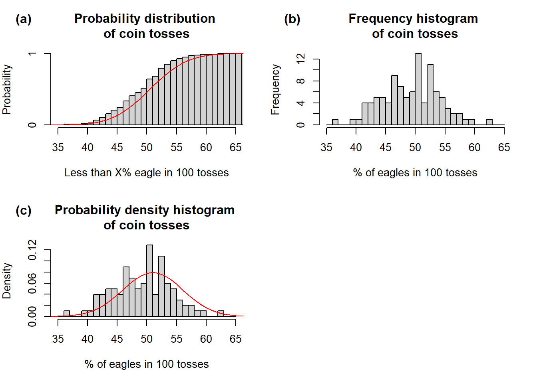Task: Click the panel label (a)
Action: point(23,19)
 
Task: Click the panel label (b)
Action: point(292,19)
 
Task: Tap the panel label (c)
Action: point(23,211)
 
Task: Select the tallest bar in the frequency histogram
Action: point(418,89)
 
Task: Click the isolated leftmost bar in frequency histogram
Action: point(335,122)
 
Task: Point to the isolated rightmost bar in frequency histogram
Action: point(489,122)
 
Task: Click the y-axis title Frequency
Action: point(275,90)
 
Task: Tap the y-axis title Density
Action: point(7,281)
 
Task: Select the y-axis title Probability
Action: point(7,90)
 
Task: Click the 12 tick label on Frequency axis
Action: point(301,59)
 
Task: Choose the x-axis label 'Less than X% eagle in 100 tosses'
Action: point(147,173)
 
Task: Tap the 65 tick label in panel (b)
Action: point(504,148)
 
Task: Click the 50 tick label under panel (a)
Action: point(147,148)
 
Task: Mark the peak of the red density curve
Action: point(152,272)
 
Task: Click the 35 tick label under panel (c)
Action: point(58,339)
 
